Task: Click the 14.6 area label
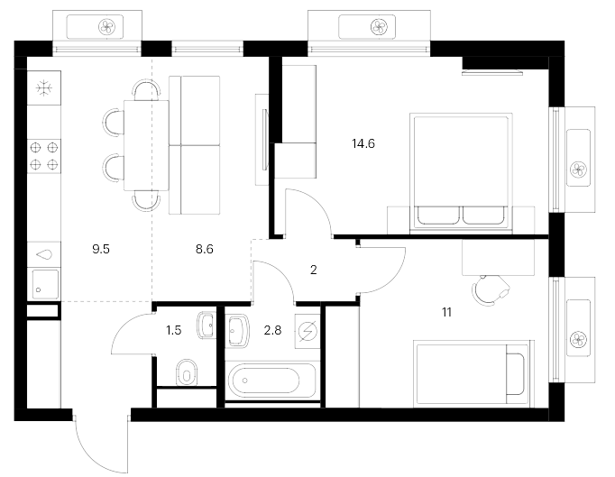click(x=363, y=144)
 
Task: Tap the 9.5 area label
click(x=101, y=249)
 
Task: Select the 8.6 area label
click(x=205, y=249)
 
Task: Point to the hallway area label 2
click(x=314, y=270)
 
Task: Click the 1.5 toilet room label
click(x=173, y=330)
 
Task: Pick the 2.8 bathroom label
click(x=272, y=330)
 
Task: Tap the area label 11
click(x=446, y=312)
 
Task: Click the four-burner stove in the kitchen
click(x=44, y=156)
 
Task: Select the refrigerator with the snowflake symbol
click(x=44, y=87)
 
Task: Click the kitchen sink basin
click(x=45, y=284)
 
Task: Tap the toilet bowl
click(x=187, y=373)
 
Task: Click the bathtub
click(x=271, y=381)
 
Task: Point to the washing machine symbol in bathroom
click(x=307, y=332)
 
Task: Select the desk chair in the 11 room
click(x=490, y=289)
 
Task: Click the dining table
click(x=146, y=145)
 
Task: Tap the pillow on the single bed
click(x=515, y=374)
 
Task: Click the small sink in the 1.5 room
click(x=207, y=326)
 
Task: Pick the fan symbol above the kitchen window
click(x=106, y=27)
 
